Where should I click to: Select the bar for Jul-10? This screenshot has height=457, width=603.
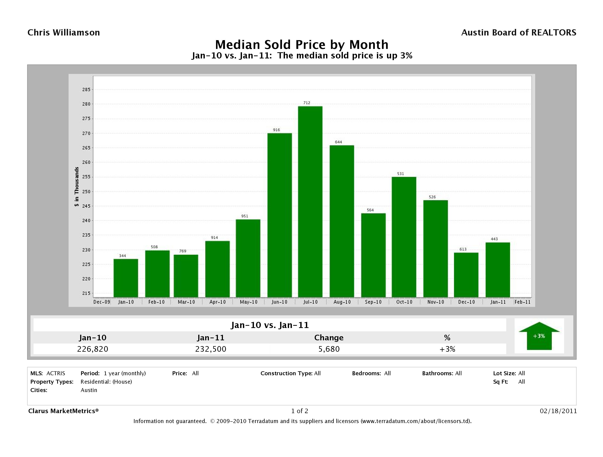[310, 202]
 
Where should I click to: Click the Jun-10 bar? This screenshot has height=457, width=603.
[279, 215]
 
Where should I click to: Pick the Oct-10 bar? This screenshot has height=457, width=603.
[404, 237]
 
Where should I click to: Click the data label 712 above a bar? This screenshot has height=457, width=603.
[307, 103]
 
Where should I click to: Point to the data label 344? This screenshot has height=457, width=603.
[122, 256]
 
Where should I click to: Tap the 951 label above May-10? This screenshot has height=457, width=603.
[245, 216]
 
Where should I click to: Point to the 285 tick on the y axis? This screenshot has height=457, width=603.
[86, 90]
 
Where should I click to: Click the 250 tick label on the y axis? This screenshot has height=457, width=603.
[86, 192]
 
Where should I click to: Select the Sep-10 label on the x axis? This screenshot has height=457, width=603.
[373, 302]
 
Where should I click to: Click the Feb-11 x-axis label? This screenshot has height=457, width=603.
[522, 302]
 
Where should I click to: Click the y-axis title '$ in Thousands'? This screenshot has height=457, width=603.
[77, 187]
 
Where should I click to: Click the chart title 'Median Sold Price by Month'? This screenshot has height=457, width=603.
[302, 45]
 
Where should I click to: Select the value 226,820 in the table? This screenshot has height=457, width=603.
[93, 349]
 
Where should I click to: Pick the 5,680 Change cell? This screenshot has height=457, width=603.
[329, 349]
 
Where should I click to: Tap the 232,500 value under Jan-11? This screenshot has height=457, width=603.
[211, 349]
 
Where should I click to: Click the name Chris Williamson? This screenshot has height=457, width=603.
[64, 33]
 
